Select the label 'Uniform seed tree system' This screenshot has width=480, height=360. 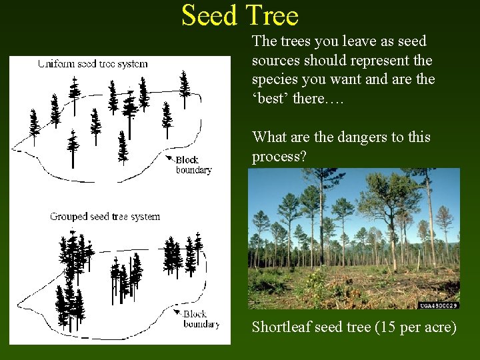pyautogui.click(x=93, y=64)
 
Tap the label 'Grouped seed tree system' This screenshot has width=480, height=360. pyautogui.click(x=105, y=217)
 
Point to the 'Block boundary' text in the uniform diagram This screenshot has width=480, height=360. pyautogui.click(x=194, y=165)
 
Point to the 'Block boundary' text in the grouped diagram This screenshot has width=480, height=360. pyautogui.click(x=201, y=319)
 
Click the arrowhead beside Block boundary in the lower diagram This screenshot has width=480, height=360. pyautogui.click(x=178, y=312)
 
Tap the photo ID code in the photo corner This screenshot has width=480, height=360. pyautogui.click(x=439, y=305)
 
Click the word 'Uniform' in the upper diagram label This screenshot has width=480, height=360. pyautogui.click(x=56, y=64)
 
